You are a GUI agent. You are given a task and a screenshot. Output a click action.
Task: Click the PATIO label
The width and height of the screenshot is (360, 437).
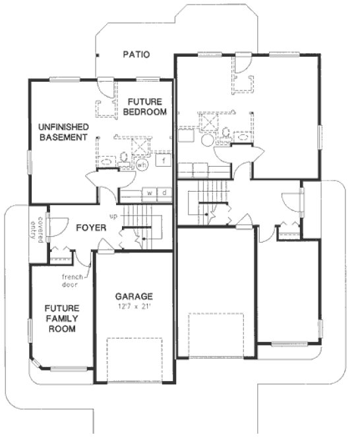tap(136, 55)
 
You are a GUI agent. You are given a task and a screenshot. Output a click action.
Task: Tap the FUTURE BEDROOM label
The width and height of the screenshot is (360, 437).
tap(146, 107)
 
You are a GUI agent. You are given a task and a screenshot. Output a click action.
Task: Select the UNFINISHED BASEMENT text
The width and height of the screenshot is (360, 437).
tap(63, 132)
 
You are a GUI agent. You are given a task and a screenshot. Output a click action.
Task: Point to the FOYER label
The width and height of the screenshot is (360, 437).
tap(92, 228)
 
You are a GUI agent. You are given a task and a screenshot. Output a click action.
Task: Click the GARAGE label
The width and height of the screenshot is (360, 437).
tap(134, 297)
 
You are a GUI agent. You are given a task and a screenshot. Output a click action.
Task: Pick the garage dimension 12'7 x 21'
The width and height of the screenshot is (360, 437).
tap(134, 306)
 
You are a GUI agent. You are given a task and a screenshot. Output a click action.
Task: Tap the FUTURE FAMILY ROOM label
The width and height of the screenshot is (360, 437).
tap(62, 318)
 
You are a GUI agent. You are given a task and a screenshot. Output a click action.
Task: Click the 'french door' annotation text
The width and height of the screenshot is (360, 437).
tap(73, 281)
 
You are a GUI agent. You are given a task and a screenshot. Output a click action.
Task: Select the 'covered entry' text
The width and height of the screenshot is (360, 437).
tap(36, 229)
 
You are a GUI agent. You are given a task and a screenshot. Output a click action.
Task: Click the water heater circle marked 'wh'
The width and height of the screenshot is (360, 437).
tap(141, 165)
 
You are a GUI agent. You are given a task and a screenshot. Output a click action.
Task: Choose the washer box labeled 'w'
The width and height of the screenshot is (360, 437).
tap(150, 193)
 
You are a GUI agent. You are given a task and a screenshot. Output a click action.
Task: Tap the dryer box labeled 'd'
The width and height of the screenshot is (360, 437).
tap(164, 193)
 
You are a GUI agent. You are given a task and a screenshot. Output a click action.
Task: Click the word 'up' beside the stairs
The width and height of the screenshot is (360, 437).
tap(113, 216)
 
